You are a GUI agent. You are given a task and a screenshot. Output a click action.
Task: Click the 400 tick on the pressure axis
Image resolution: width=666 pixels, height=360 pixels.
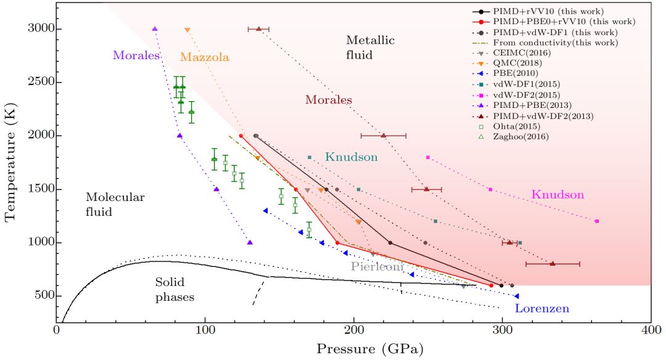(651, 331)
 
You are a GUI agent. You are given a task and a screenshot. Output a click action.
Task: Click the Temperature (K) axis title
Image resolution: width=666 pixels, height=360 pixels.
(10, 163)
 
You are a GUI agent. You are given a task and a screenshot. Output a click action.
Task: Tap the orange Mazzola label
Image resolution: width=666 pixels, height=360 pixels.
(205, 57)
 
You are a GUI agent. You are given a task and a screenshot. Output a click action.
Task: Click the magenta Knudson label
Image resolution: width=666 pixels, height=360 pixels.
(557, 195)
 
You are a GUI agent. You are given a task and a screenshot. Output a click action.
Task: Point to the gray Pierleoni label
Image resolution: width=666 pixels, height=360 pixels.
(377, 266)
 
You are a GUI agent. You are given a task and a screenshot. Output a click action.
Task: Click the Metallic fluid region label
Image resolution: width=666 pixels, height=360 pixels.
(370, 47)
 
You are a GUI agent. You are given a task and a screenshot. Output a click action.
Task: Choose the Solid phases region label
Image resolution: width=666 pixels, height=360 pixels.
(175, 289)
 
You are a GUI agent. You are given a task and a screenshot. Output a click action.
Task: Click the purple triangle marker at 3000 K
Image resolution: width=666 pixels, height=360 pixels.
(155, 29)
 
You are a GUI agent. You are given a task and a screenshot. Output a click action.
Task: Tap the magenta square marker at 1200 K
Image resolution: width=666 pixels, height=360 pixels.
(596, 221)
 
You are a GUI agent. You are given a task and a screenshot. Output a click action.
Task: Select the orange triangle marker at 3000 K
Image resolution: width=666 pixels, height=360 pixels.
(187, 30)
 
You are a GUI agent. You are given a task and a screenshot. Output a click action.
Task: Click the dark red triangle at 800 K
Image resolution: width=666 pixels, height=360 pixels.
(553, 264)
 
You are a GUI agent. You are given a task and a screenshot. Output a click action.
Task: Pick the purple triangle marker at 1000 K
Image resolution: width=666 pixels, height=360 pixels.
(250, 242)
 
